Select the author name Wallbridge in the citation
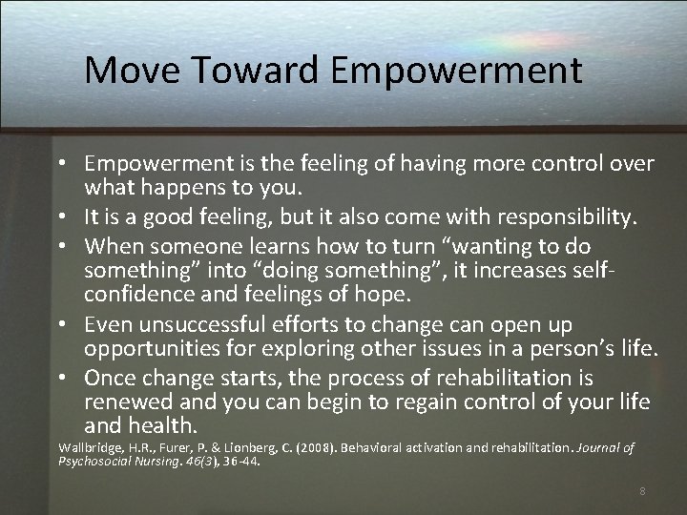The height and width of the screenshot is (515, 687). pyautogui.click(x=92, y=446)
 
